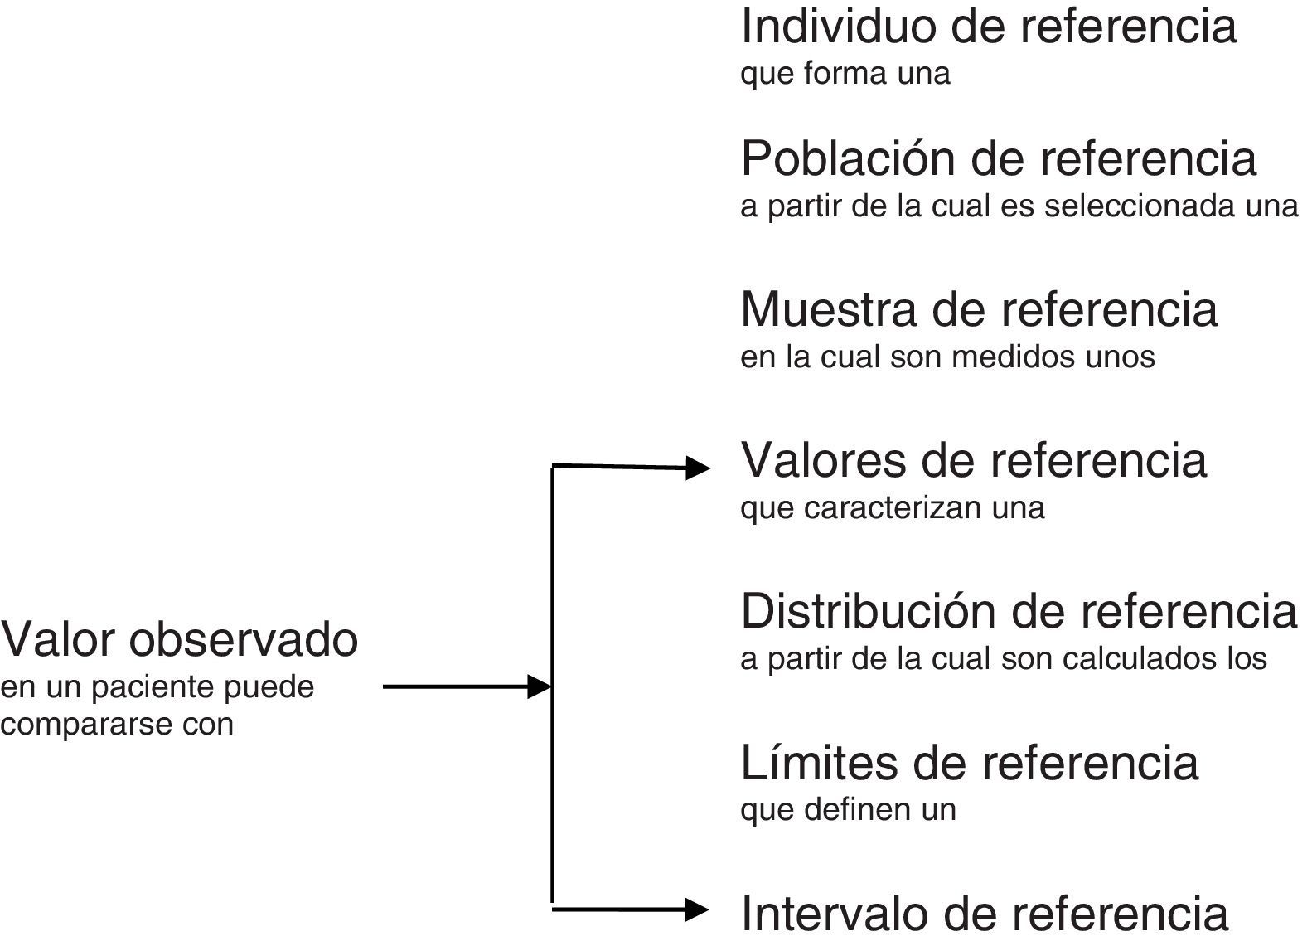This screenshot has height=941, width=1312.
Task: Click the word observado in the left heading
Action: click(243, 640)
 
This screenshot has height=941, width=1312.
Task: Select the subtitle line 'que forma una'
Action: click(845, 74)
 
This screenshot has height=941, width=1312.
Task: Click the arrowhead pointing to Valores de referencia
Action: click(699, 468)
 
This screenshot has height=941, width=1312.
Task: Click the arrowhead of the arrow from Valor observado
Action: click(540, 687)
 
